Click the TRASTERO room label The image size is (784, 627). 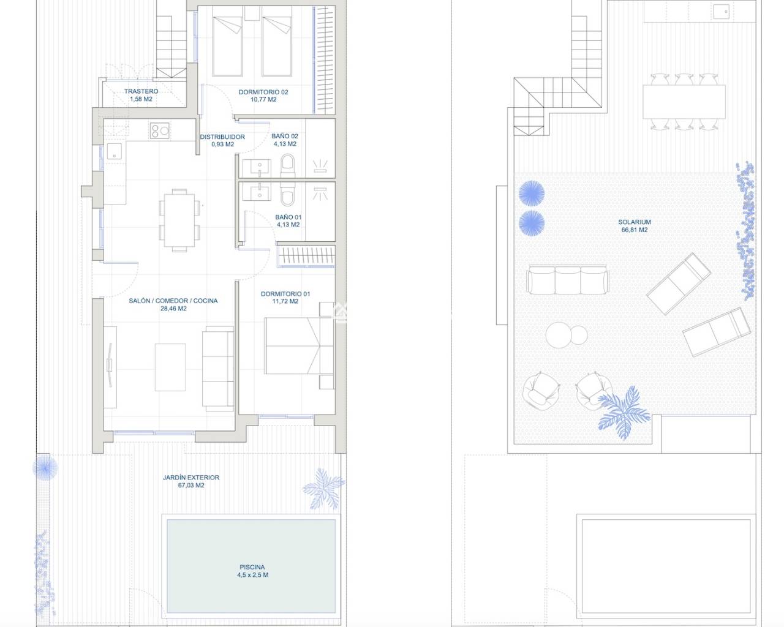[141, 91]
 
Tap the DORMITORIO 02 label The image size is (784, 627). [263, 92]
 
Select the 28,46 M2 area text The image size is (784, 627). [173, 309]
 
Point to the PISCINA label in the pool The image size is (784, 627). [252, 567]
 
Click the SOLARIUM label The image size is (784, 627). [635, 222]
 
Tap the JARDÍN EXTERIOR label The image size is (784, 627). [191, 477]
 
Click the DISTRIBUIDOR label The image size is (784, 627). [222, 137]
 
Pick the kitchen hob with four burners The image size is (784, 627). [160, 130]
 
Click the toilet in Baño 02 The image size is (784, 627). [287, 166]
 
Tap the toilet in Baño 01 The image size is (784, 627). [287, 194]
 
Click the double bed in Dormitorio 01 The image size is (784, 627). [299, 346]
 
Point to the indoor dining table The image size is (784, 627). [179, 220]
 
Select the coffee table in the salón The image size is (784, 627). [170, 367]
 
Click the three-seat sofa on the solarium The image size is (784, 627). [568, 279]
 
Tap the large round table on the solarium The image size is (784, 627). [559, 335]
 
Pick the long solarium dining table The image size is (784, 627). [684, 102]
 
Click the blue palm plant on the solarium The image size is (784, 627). [624, 413]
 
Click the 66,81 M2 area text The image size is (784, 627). [635, 230]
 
